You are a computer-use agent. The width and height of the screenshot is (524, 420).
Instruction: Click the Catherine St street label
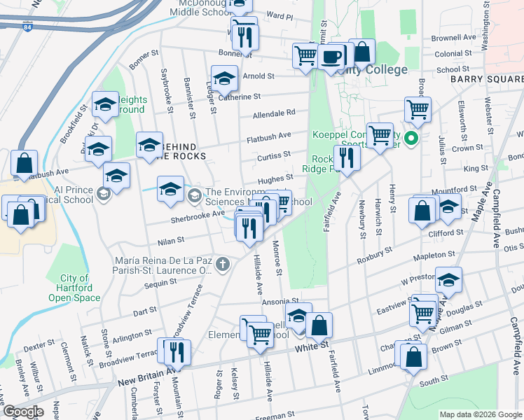pyautogui.click(x=240, y=97)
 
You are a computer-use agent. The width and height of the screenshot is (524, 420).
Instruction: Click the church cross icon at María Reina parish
pyautogui.click(x=223, y=264)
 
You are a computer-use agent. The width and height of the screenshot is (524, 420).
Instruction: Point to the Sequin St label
pyautogui.click(x=160, y=283)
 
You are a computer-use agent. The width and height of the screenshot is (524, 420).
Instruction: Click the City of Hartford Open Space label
pyautogui.click(x=70, y=288)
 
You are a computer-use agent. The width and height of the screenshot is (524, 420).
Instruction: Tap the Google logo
pyautogui.click(x=23, y=412)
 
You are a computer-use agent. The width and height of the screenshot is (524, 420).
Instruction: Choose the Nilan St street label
pyautogui.click(x=170, y=240)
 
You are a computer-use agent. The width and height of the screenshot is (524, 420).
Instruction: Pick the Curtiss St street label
pyautogui.click(x=274, y=155)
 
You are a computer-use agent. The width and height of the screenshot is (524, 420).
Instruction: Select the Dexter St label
pyautogui.click(x=39, y=345)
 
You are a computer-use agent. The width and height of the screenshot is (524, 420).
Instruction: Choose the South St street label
pyautogui.click(x=434, y=381)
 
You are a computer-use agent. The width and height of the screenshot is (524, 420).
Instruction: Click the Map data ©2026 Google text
pyautogui.click(x=480, y=414)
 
